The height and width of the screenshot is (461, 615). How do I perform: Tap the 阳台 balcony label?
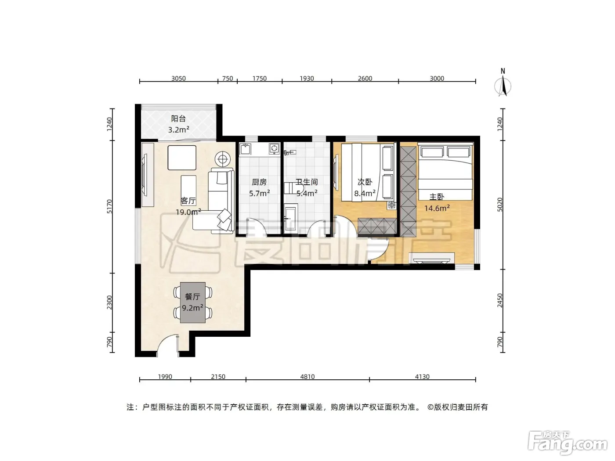click(178, 119)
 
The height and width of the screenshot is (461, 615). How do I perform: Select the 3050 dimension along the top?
click(178, 79)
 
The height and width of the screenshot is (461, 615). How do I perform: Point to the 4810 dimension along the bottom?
click(307, 377)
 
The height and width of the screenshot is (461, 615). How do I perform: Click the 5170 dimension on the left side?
click(109, 206)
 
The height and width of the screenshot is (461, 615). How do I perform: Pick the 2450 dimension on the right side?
click(500, 300)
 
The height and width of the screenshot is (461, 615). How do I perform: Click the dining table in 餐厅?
click(193, 303)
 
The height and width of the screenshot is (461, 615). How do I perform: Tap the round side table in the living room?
click(223, 159)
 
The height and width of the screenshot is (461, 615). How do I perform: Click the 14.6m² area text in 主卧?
click(437, 208)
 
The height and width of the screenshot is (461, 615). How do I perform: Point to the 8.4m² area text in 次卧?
click(365, 194)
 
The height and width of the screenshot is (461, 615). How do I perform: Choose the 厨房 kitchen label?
click(259, 182)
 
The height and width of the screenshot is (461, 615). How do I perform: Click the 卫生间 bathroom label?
click(307, 182)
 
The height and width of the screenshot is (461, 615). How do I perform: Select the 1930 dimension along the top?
click(307, 79)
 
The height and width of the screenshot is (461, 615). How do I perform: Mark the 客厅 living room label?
click(188, 201)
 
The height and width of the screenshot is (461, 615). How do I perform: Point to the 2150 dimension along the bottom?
click(218, 377)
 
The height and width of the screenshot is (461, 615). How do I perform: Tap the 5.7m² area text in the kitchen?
click(260, 194)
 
